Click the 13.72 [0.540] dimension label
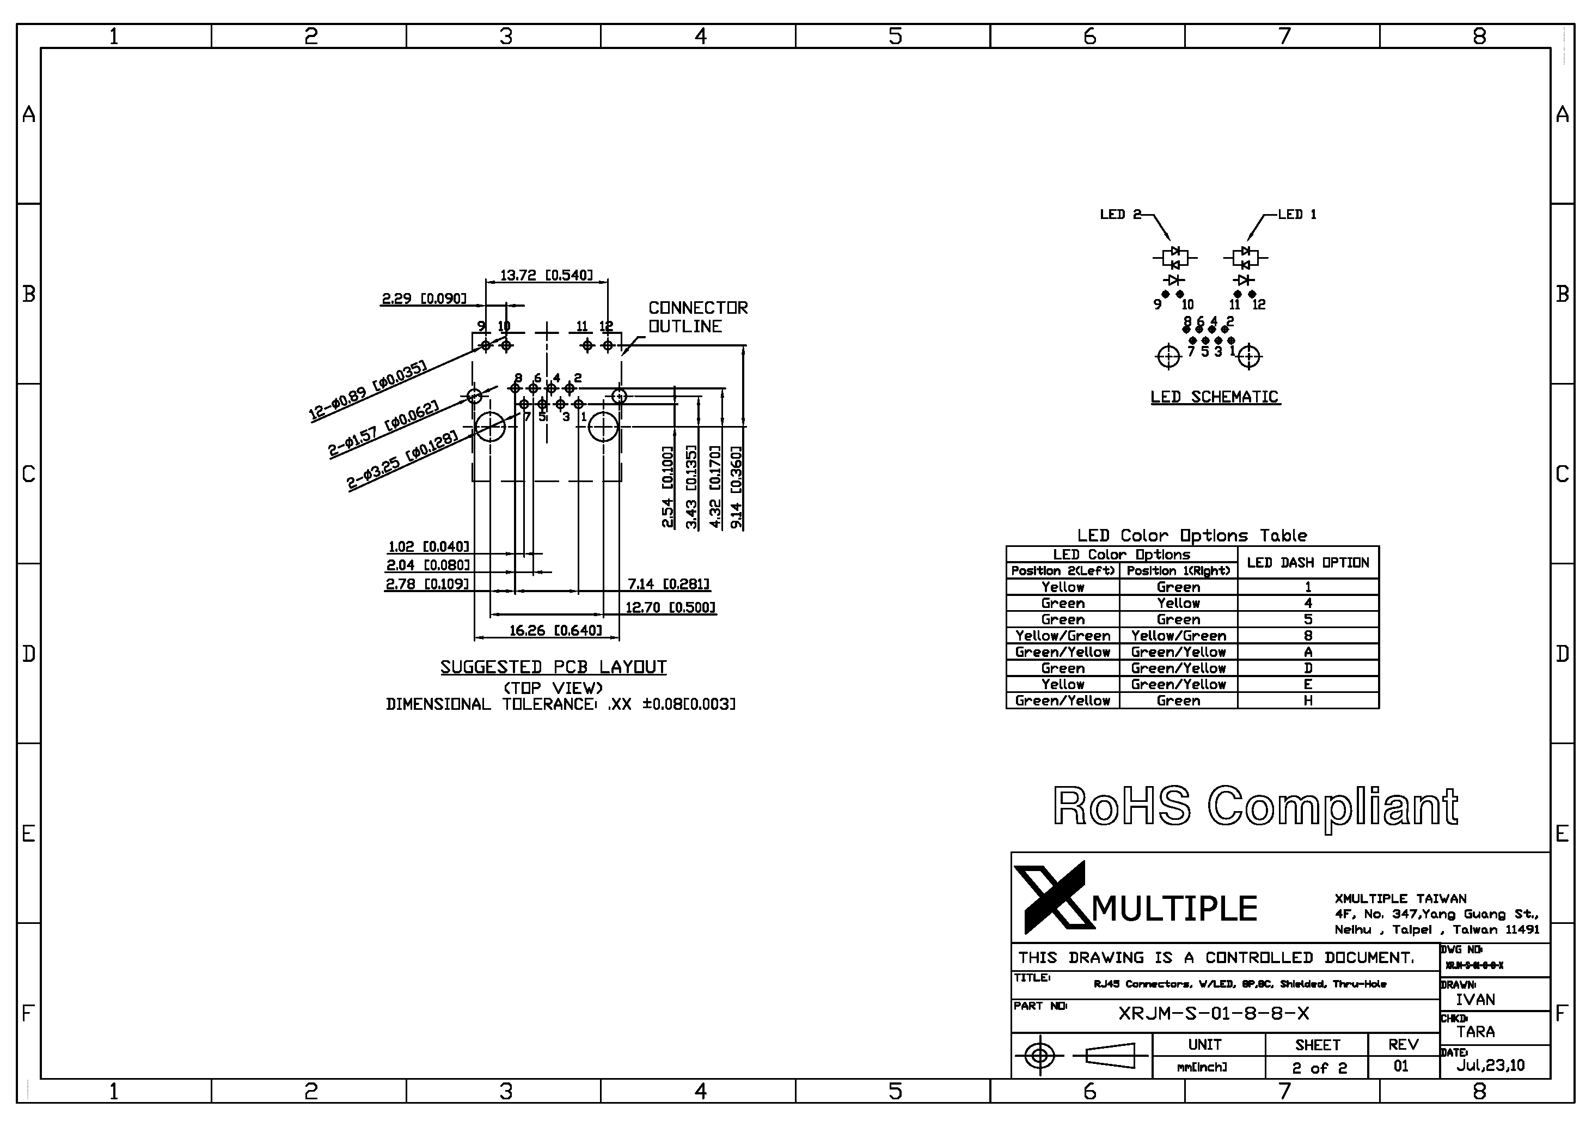(x=547, y=276)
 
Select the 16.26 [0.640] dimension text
(x=555, y=631)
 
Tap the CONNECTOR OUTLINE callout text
(x=697, y=317)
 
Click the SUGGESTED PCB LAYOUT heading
(x=553, y=667)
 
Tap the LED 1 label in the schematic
(x=1296, y=215)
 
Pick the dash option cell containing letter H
(x=1308, y=701)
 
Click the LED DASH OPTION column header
(x=1308, y=563)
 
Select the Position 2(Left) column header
(x=1062, y=571)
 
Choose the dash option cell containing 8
(x=1308, y=636)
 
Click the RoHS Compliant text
(x=1255, y=806)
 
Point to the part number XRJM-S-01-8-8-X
(x=1214, y=1014)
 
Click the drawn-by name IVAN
(x=1475, y=1000)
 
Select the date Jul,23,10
(x=1490, y=1066)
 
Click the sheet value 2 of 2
(x=1319, y=1068)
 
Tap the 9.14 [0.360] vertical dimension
(x=736, y=488)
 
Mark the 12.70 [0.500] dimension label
(x=670, y=608)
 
